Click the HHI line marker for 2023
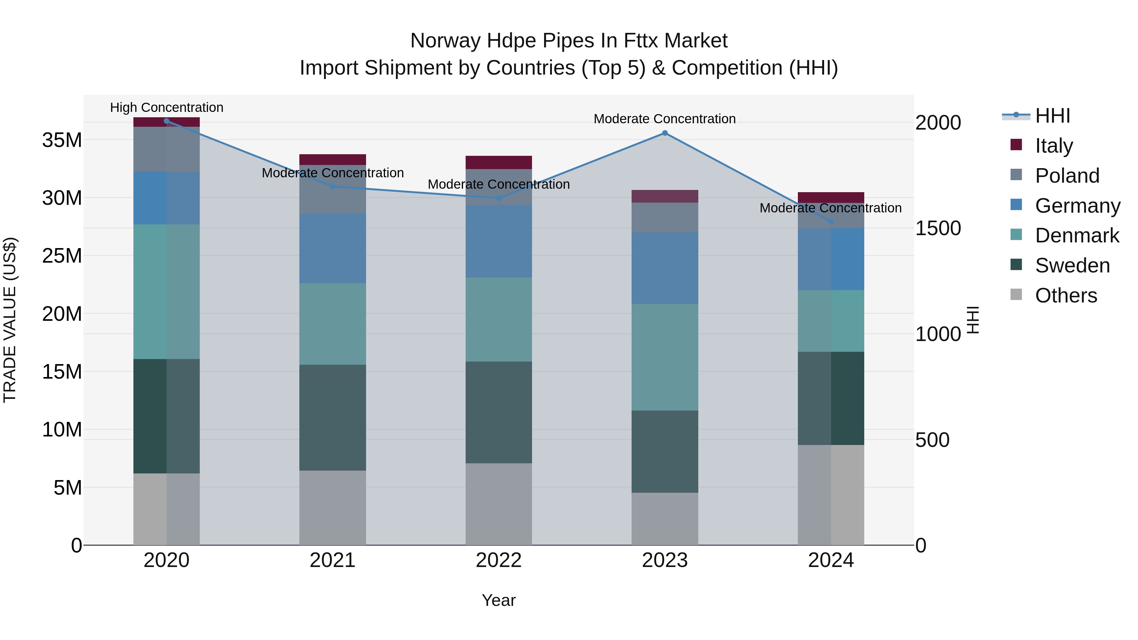coord(665,133)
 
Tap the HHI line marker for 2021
coord(333,186)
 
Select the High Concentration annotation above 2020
coord(167,107)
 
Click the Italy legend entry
coord(1054,145)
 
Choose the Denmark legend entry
coord(1077,235)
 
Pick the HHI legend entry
coord(1052,116)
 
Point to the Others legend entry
coord(1066,295)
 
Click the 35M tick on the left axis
coord(62,140)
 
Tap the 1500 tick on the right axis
coord(938,229)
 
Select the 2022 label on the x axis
coord(499,560)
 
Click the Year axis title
coord(499,600)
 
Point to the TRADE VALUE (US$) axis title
coord(10,320)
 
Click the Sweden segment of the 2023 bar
coord(665,451)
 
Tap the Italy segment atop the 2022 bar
coord(499,162)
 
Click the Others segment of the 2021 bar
coord(333,508)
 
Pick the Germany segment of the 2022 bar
coord(499,241)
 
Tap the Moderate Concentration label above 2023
coord(665,119)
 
